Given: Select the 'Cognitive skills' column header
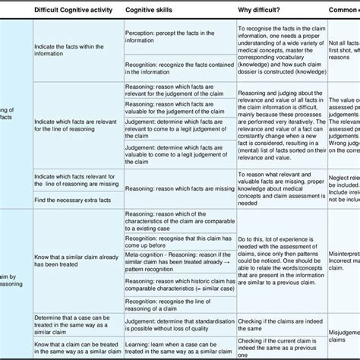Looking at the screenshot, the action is [x=152, y=11].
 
